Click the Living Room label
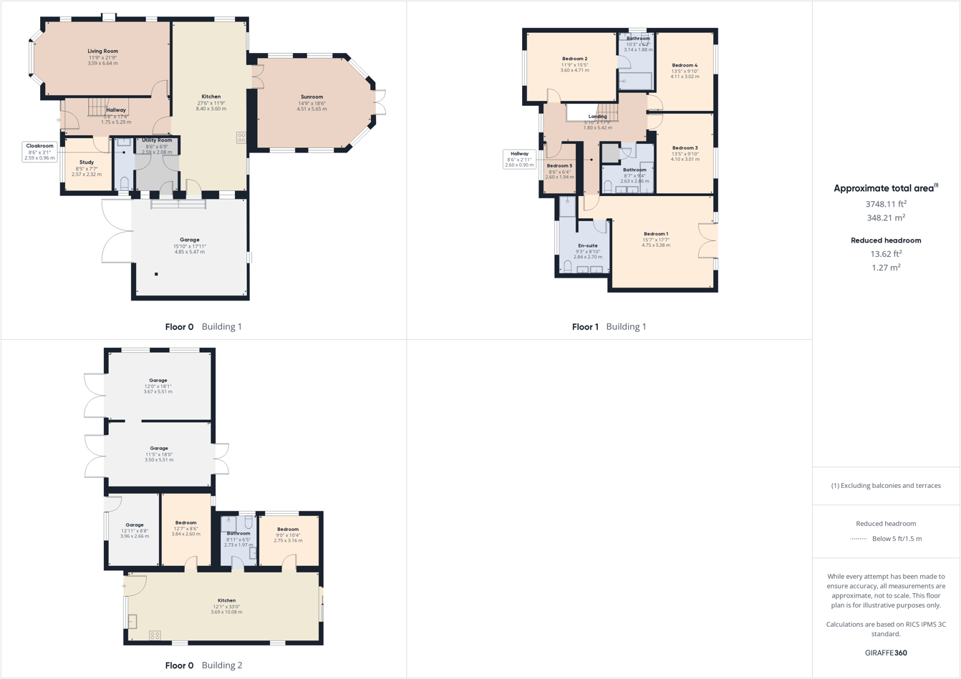pos(102,52)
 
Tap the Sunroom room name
pos(312,97)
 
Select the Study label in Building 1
pos(87,162)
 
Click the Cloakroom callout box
pos(39,152)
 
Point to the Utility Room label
pos(157,141)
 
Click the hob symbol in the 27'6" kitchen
pos(241,137)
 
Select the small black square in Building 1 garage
pos(156,274)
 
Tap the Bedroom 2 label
pos(574,59)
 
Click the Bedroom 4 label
pos(685,65)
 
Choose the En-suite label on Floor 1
pos(587,245)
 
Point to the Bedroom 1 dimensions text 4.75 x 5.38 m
pos(656,245)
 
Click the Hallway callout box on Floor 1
pos(519,159)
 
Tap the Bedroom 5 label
pos(559,166)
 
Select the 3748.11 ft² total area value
pos(886,204)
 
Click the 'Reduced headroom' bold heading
pos(886,240)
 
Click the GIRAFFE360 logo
pos(886,653)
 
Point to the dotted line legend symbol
pos(858,539)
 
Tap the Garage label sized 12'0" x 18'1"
pos(158,381)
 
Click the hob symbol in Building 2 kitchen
pos(155,635)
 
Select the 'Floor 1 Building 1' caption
pos(609,326)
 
